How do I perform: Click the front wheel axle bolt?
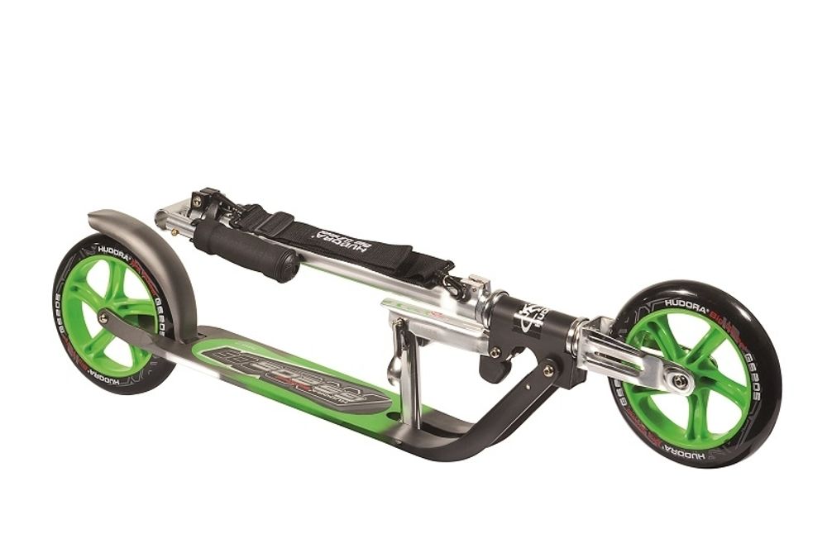pyautogui.click(x=680, y=381)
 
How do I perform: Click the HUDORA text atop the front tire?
pyautogui.click(x=687, y=303)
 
